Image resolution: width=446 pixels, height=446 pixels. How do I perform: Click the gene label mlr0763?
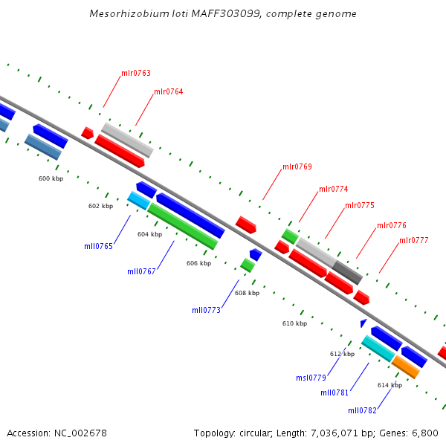coord(136,74)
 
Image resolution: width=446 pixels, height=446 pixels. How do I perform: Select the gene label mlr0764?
coord(169,92)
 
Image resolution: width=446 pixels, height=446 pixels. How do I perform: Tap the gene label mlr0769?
coord(297,167)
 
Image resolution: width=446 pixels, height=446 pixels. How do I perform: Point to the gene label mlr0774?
coord(334,189)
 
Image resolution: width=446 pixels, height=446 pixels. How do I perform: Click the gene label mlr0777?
coord(414,240)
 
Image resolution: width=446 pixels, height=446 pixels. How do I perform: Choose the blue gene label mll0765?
coord(98,246)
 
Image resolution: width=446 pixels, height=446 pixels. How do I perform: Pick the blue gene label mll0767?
coord(141,271)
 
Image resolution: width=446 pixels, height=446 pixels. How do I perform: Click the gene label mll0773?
coord(206,310)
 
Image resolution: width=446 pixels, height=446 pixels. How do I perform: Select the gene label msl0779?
coord(311,378)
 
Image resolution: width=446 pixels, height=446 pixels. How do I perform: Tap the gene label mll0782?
coord(362,410)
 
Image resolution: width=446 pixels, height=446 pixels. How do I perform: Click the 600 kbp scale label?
coord(51,178)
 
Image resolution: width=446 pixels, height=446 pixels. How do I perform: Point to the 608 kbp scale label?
coord(248,293)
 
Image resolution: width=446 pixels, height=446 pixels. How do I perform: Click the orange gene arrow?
coord(406,366)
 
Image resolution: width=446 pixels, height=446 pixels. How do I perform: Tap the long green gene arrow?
coord(182,226)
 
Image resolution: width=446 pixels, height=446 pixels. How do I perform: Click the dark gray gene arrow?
coord(347,272)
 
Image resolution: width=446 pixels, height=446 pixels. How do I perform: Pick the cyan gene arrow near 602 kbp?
coord(139,200)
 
